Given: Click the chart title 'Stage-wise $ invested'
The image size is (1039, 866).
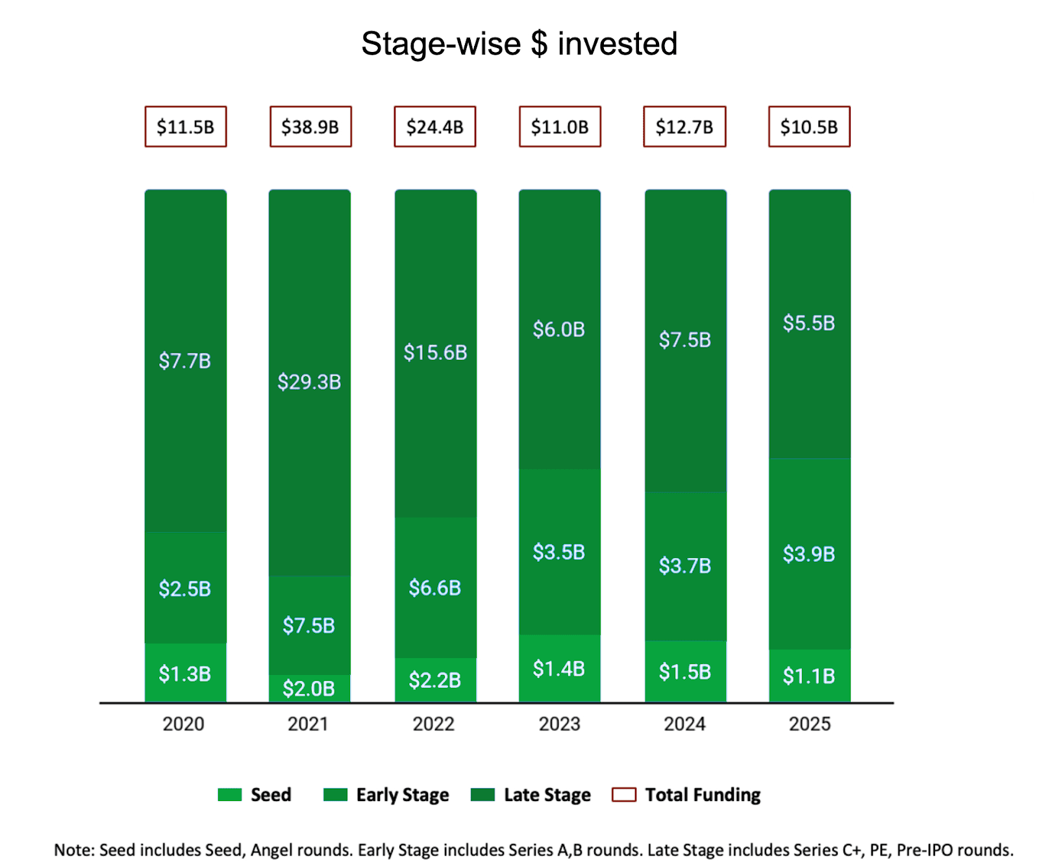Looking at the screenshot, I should [x=519, y=44].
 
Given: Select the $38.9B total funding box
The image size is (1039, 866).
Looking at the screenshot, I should [x=310, y=127].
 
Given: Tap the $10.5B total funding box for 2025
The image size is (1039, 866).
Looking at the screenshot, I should [x=809, y=127].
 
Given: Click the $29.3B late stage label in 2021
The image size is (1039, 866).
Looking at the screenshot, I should [x=309, y=382].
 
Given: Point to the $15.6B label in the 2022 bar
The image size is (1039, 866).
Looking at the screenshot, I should [x=435, y=353].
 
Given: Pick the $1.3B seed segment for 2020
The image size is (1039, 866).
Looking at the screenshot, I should [x=185, y=674].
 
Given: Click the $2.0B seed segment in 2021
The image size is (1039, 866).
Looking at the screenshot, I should [x=309, y=688].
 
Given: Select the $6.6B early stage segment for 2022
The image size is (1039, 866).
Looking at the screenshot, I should [x=435, y=588].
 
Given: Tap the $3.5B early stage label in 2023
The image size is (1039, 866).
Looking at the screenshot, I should [x=559, y=552].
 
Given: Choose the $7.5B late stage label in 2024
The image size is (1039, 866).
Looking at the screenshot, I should [x=685, y=340].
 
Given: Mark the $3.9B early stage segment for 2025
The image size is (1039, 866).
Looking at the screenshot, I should [x=809, y=554].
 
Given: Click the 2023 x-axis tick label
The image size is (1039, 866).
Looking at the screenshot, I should [x=559, y=724].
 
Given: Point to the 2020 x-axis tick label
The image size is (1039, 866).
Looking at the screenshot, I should [x=183, y=724].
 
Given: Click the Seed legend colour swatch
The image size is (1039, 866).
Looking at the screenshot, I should [x=230, y=795].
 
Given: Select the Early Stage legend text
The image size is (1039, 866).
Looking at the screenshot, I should [x=403, y=795].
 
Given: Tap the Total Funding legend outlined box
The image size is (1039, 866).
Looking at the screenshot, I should [x=624, y=795].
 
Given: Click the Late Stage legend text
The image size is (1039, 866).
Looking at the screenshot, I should [x=547, y=795].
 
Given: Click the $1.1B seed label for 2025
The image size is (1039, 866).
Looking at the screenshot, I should [x=809, y=676].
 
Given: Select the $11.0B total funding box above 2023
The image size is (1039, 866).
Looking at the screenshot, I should [x=560, y=127].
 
